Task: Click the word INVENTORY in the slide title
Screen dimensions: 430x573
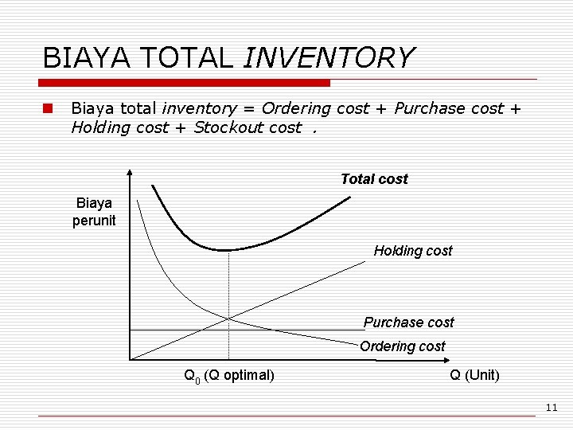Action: (329, 58)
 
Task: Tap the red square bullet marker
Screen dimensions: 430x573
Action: (48, 108)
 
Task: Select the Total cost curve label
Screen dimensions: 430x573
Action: (373, 179)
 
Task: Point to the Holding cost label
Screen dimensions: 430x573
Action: (412, 251)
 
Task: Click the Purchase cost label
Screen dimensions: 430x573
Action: (408, 322)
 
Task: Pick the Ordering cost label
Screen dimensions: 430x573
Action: (402, 346)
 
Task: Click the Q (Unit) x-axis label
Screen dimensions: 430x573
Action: (474, 375)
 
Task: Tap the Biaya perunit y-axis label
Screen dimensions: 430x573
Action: (94, 212)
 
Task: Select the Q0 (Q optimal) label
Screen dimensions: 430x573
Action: (229, 375)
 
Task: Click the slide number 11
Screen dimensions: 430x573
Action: (552, 408)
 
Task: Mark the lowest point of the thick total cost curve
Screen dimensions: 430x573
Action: (228, 250)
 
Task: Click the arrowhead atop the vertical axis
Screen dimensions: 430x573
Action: (129, 172)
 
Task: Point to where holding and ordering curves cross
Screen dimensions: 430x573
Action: (228, 319)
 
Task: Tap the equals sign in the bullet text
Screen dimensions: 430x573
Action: (250, 108)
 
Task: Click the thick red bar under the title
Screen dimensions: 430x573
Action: (185, 83)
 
